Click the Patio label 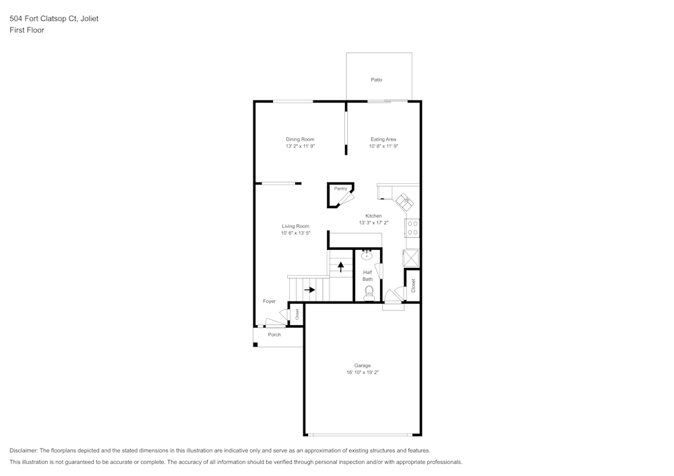(377, 79)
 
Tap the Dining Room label (300, 139)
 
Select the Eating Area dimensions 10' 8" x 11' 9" (384, 146)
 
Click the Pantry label (340, 189)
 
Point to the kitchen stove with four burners (412, 228)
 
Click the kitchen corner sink (404, 201)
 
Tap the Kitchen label (373, 216)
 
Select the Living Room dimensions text (296, 233)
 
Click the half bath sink (367, 256)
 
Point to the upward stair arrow (341, 267)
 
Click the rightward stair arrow (309, 290)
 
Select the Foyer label (270, 302)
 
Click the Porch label (274, 335)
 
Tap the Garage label (363, 366)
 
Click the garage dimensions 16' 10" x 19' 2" (363, 372)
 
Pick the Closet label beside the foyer (297, 314)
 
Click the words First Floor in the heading (27, 30)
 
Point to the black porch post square (255, 344)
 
